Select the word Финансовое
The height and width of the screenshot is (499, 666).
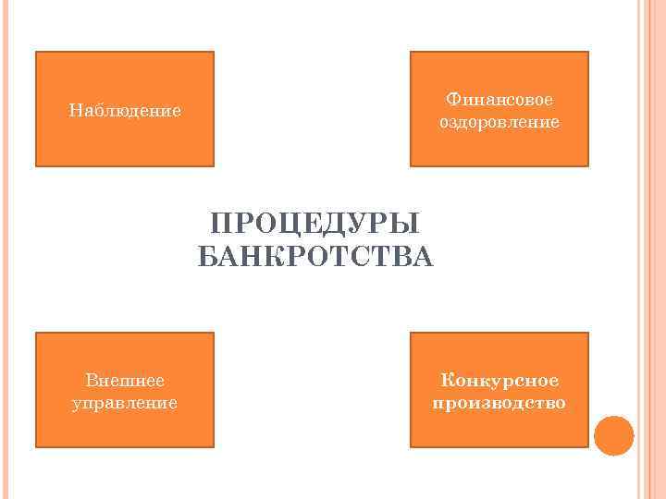pyautogui.click(x=499, y=100)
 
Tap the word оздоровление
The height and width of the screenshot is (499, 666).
pyautogui.click(x=499, y=122)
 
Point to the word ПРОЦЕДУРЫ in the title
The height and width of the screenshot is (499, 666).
pyautogui.click(x=315, y=225)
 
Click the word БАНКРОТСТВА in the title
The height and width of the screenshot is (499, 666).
pyautogui.click(x=315, y=256)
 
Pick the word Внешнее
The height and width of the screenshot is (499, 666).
pyautogui.click(x=125, y=381)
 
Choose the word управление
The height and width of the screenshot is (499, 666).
pyautogui.click(x=125, y=403)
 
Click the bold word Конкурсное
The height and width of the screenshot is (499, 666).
pyautogui.click(x=499, y=381)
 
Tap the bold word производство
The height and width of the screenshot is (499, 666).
pyautogui.click(x=499, y=403)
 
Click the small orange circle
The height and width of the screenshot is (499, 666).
pyautogui.click(x=613, y=436)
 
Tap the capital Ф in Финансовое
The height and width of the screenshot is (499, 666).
pyautogui.click(x=451, y=100)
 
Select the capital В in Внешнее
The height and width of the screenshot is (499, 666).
pyautogui.click(x=90, y=381)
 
